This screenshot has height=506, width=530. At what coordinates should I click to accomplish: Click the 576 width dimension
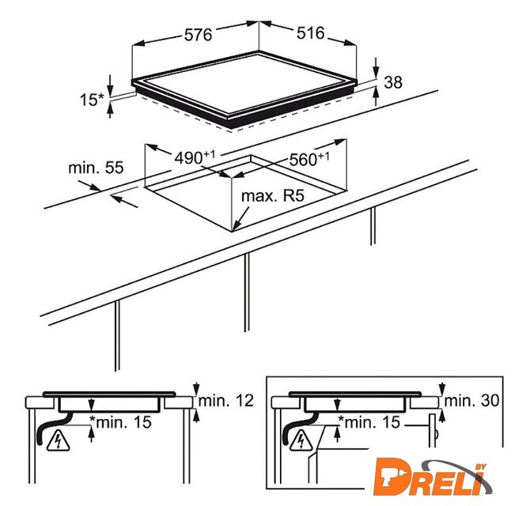(x=198, y=35)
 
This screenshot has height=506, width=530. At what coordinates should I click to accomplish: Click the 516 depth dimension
(x=310, y=33)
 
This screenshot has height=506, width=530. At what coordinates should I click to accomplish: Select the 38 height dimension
(x=393, y=82)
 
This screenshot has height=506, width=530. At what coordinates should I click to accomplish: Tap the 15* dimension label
(x=91, y=100)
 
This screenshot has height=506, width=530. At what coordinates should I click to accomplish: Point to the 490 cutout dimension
(x=195, y=157)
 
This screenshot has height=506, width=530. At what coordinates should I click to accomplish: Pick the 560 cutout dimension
(x=309, y=159)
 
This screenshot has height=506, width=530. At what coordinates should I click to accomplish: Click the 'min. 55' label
(x=96, y=168)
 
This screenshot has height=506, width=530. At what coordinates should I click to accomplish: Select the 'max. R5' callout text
(x=273, y=196)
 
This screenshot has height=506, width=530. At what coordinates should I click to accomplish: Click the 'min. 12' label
(x=225, y=401)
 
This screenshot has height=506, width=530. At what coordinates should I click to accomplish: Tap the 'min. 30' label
(x=472, y=401)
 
